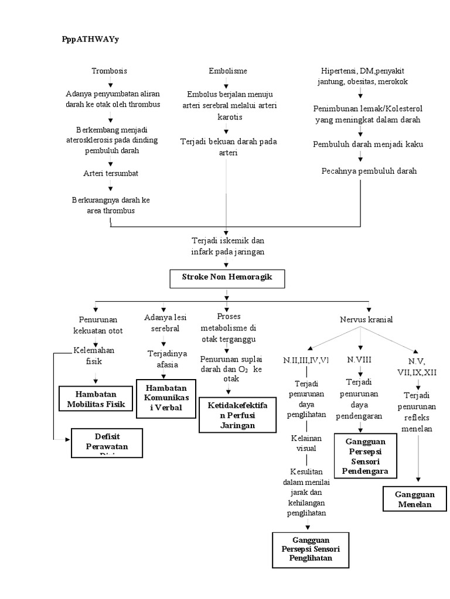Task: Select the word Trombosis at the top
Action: (109, 71)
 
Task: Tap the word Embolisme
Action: (227, 71)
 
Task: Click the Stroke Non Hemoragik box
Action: (227, 279)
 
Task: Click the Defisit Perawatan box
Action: (107, 443)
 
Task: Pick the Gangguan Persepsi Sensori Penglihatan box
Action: (311, 549)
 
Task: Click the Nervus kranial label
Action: (366, 319)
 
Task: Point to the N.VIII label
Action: (359, 360)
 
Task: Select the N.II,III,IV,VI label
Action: (306, 360)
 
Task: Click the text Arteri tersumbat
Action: (110, 173)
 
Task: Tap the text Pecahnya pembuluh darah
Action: (369, 171)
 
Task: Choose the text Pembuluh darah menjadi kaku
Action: (368, 144)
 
